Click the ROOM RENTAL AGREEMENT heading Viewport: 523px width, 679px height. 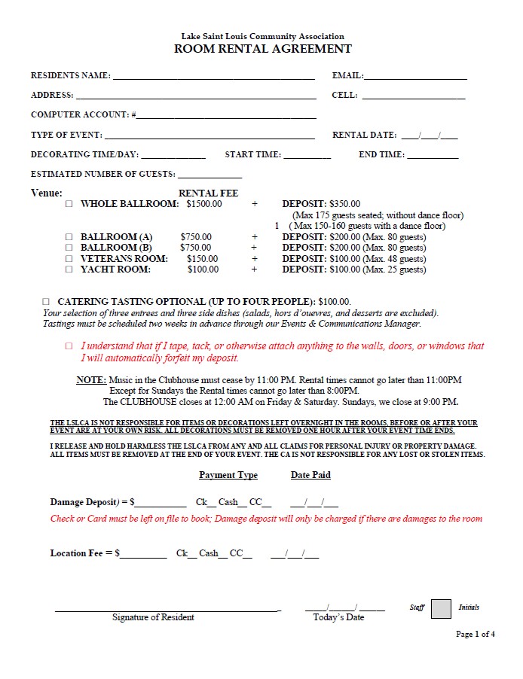tap(263, 49)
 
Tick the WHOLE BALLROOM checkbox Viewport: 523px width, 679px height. tap(69, 204)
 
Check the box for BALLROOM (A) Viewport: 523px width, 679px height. tap(69, 237)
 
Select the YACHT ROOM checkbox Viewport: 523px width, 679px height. tap(69, 269)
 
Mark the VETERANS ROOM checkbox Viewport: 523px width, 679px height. tap(69, 259)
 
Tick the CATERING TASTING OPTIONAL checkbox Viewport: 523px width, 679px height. tap(46, 301)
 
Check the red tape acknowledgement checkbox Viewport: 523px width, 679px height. tap(69, 346)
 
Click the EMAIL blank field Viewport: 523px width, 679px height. tap(415, 77)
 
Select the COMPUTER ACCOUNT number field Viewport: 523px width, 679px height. tap(226, 116)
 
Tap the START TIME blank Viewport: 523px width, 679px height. tap(307, 156)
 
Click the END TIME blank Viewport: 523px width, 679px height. tap(433, 156)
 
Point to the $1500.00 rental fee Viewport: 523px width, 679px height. tap(204, 204)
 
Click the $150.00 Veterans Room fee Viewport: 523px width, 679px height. tap(203, 259)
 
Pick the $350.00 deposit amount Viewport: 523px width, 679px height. tap(345, 204)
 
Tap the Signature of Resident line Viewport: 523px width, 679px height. tap(166, 608)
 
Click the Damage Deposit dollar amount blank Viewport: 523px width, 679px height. tap(161, 503)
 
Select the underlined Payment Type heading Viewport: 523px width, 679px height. tap(228, 476)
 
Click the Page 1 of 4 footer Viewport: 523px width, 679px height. tap(476, 635)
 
